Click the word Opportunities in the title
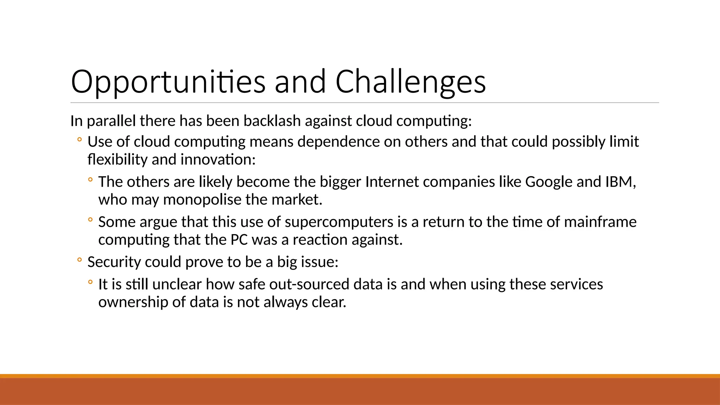168,82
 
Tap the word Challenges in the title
410,82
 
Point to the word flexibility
117,160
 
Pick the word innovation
218,160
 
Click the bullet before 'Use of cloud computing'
79,140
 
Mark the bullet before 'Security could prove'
79,261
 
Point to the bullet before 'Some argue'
90,220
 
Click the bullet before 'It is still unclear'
90,282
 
